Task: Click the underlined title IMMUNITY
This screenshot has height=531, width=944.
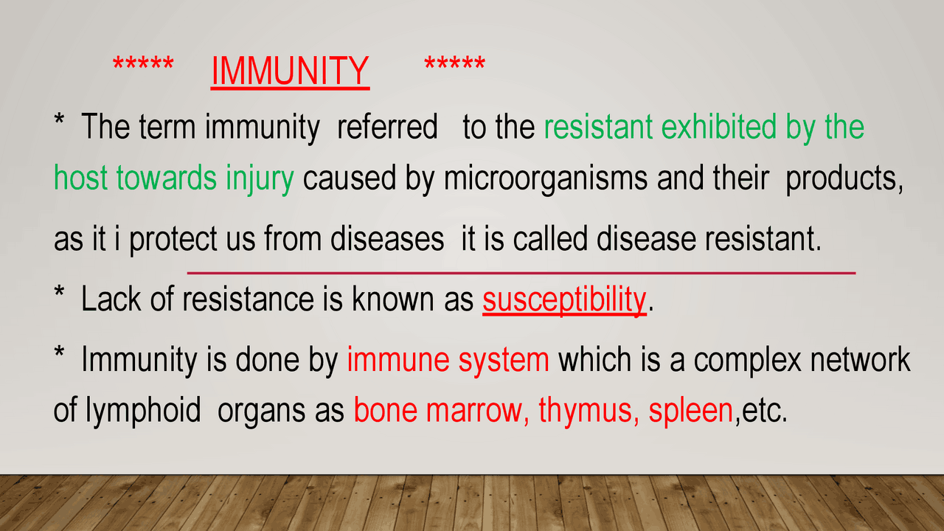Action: (x=290, y=71)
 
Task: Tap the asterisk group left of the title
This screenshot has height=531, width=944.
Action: (x=143, y=63)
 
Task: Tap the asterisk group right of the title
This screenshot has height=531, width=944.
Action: (x=455, y=63)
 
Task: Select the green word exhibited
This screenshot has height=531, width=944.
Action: (x=718, y=126)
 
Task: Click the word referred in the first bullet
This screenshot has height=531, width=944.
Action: (x=387, y=126)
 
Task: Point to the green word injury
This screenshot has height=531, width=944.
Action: (x=260, y=178)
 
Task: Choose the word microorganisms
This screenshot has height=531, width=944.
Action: (x=546, y=178)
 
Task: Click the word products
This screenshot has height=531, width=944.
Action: (x=844, y=178)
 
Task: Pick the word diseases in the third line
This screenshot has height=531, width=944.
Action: (x=387, y=238)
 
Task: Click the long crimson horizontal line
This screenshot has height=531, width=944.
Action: (x=521, y=273)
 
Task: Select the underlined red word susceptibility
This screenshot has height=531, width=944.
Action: (x=564, y=300)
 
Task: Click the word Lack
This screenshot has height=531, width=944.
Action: (x=111, y=299)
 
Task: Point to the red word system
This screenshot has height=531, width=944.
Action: (x=504, y=361)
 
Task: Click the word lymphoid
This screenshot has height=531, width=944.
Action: (x=143, y=411)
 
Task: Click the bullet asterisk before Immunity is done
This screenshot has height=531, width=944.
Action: (x=59, y=352)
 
